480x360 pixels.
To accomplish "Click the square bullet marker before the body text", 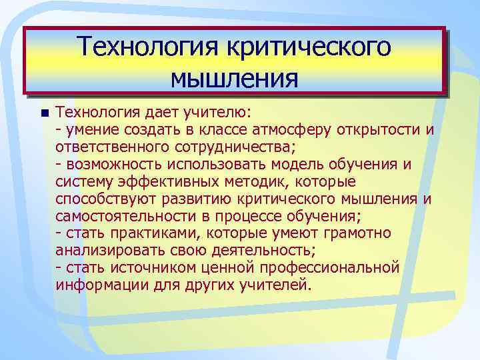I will click(x=44, y=111).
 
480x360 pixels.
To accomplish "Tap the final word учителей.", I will click(x=278, y=285).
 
